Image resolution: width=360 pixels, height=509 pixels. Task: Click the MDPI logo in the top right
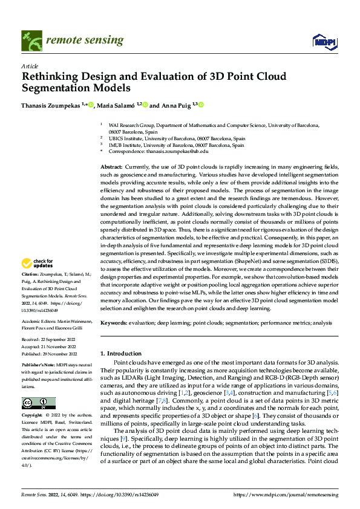pyautogui.click(x=323, y=41)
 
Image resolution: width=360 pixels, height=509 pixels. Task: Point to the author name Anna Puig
pyautogui.click(x=175, y=105)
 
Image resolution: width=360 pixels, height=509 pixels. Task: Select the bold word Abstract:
pyautogui.click(x=111, y=166)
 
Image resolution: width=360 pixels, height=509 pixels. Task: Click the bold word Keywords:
pyautogui.click(x=114, y=324)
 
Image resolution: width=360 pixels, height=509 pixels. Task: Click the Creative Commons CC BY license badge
pyautogui.click(x=38, y=403)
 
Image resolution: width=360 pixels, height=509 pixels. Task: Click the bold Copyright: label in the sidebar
pyautogui.click(x=32, y=416)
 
